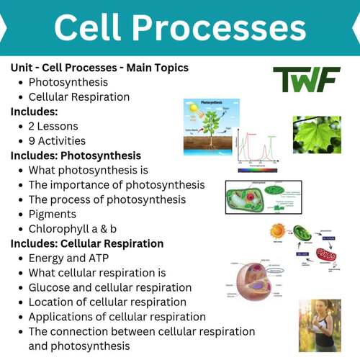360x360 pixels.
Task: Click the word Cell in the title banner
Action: [x=90, y=29]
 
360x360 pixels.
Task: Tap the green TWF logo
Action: [x=306, y=80]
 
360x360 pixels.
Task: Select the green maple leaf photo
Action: [x=317, y=135]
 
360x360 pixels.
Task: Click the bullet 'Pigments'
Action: [x=53, y=214]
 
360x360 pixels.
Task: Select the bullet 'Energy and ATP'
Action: [x=71, y=258]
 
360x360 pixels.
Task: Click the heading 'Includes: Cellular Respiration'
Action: [x=87, y=243]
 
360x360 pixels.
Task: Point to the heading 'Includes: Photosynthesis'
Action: [x=76, y=156]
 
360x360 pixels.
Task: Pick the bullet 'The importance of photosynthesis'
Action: [x=116, y=184]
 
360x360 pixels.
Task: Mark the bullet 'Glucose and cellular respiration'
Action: [x=109, y=287]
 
